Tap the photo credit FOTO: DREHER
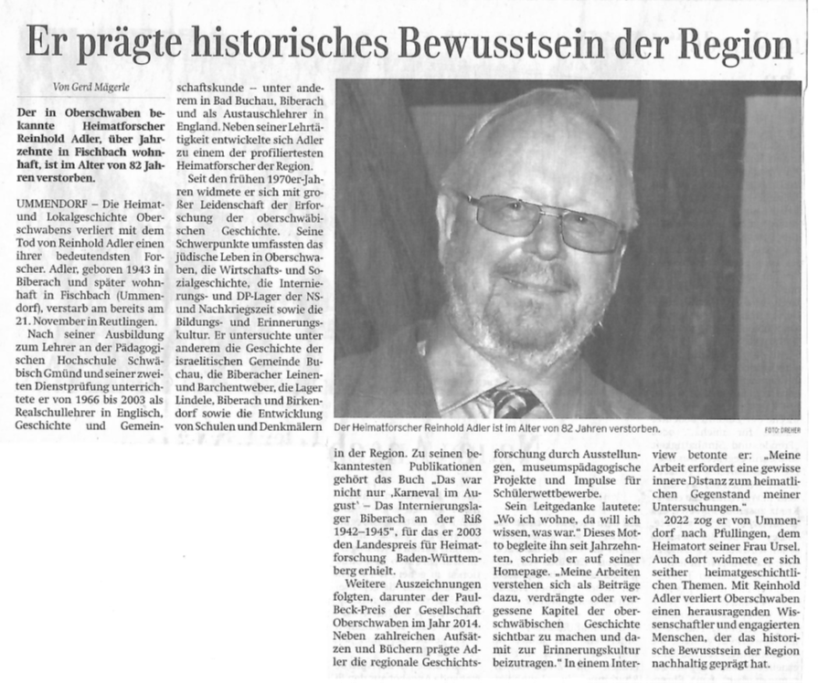[x=782, y=428]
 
